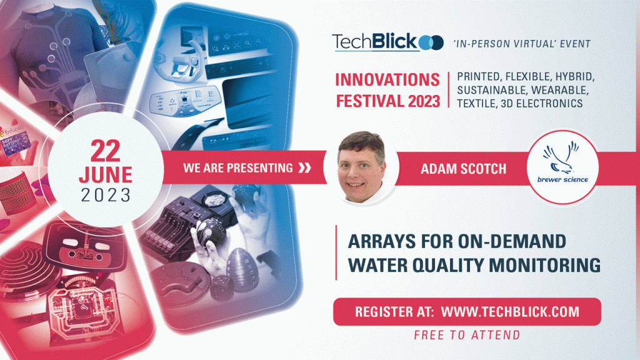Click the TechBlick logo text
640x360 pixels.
(x=374, y=42)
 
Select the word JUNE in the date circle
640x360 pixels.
(x=106, y=173)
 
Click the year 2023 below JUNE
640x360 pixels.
(x=106, y=194)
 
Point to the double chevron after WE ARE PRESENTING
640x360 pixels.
(x=305, y=167)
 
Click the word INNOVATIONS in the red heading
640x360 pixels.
(x=387, y=80)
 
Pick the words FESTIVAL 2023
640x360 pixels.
(x=387, y=100)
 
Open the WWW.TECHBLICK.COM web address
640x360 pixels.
(x=510, y=311)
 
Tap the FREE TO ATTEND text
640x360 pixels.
(x=467, y=335)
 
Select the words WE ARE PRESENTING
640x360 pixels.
(x=238, y=167)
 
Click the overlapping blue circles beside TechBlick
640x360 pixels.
(x=431, y=42)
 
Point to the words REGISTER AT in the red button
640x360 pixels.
(x=393, y=311)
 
